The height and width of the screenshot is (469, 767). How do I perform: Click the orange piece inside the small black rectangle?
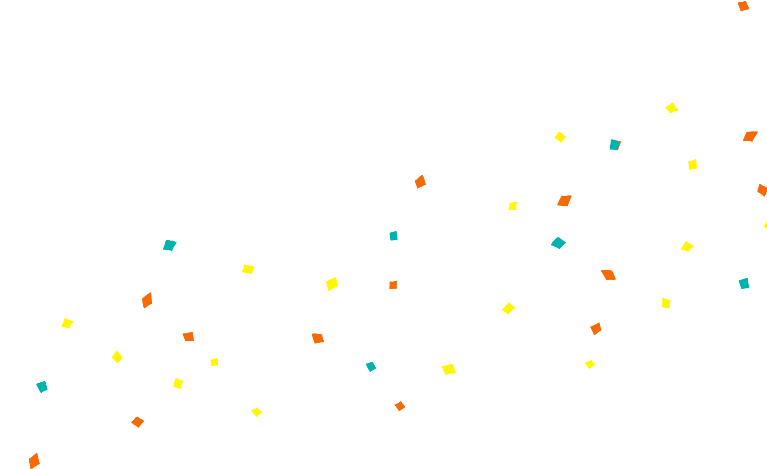(x=564, y=201)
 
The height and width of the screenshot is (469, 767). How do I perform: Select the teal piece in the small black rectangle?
(x=614, y=145)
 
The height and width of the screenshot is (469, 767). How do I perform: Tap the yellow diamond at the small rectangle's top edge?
(x=560, y=137)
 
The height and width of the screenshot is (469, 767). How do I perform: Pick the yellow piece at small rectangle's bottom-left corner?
(x=512, y=206)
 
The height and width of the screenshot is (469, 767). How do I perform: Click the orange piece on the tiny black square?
(x=34, y=461)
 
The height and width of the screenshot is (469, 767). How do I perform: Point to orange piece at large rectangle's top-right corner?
(x=420, y=182)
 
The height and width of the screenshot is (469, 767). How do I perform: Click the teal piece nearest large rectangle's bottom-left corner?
(x=42, y=387)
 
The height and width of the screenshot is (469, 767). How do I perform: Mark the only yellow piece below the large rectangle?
(x=257, y=412)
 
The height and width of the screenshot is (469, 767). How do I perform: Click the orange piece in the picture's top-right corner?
(x=743, y=6)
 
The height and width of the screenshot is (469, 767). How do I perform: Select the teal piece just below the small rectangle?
(x=558, y=243)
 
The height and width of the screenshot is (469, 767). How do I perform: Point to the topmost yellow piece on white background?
(x=671, y=108)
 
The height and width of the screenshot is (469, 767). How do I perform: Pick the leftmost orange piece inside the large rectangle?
(x=147, y=300)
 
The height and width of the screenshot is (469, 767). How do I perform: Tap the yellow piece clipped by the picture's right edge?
(x=765, y=225)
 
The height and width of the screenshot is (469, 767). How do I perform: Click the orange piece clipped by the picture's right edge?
(x=762, y=190)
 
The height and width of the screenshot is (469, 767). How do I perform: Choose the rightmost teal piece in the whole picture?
(x=744, y=284)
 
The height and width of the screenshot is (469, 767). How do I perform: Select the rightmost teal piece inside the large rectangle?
(x=394, y=236)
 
